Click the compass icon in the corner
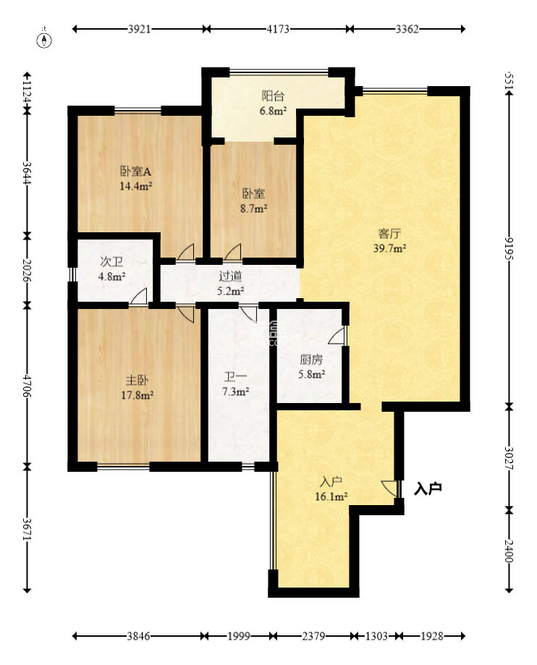point(45,39)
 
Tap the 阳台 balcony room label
point(273,96)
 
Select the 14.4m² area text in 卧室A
point(136,186)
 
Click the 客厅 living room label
point(389,234)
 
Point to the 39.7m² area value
point(389,248)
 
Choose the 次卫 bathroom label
point(111,262)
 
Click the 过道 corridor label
point(230,276)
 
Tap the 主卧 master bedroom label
point(137,380)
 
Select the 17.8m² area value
point(137,395)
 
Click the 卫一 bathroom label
point(235,376)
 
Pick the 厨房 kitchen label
point(311,360)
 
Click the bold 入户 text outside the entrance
point(428,488)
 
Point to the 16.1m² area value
point(331,496)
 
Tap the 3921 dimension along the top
point(139,29)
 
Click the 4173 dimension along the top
point(278,29)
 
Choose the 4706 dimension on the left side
point(28,386)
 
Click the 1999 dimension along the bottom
point(238,636)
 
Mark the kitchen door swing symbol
point(338,335)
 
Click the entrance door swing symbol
point(391,488)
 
